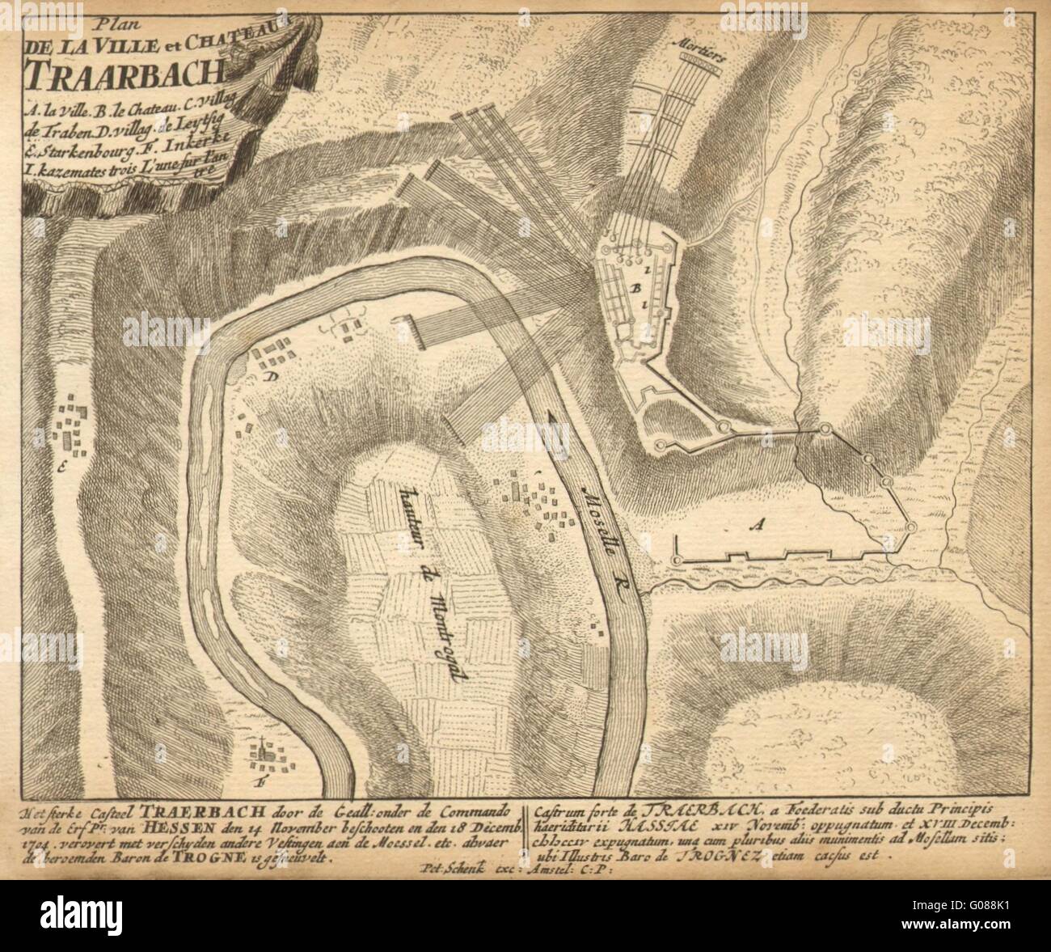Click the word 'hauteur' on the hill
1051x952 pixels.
[x=404, y=508]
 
